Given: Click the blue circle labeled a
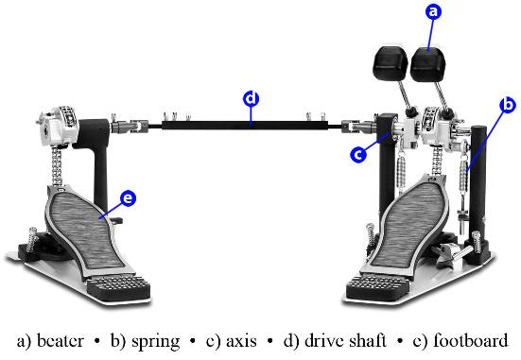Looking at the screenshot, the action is [433, 12].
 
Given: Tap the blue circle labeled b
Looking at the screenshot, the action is [508, 105].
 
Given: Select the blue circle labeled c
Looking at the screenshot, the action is [358, 154].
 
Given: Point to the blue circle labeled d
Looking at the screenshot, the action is [252, 98].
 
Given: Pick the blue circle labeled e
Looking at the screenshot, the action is [128, 198].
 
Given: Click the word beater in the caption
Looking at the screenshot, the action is [61, 341].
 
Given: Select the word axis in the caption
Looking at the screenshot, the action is [241, 341].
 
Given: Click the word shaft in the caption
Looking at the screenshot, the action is [367, 340].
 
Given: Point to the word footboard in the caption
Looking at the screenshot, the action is [471, 340].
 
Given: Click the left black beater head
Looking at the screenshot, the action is [391, 63].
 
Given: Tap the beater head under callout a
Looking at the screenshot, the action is [427, 65].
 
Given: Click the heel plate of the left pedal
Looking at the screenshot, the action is [118, 287].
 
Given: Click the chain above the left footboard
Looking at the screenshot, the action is [57, 166].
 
